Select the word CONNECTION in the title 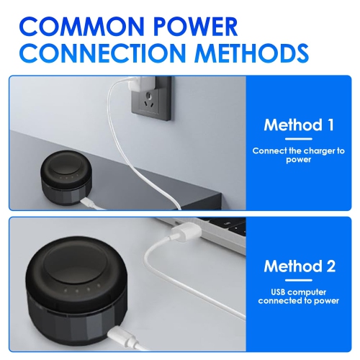coord(103,53)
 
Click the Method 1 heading coord(299,125)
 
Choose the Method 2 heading coord(300,266)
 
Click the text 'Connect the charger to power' coord(299,155)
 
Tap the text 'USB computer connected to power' coord(299,297)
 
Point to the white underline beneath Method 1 coord(299,139)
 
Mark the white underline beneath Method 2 coord(299,280)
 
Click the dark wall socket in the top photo coord(151,99)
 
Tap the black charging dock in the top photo coord(66,178)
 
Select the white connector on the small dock coord(88,203)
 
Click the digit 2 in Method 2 coord(330,266)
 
